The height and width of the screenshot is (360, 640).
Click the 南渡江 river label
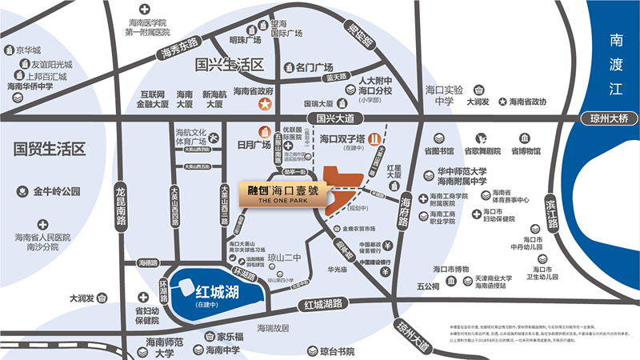tap(615, 64)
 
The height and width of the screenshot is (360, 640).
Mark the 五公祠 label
tap(428, 286)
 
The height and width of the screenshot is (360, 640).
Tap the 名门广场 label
tap(314, 68)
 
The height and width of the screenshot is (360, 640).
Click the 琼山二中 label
tap(286, 258)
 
